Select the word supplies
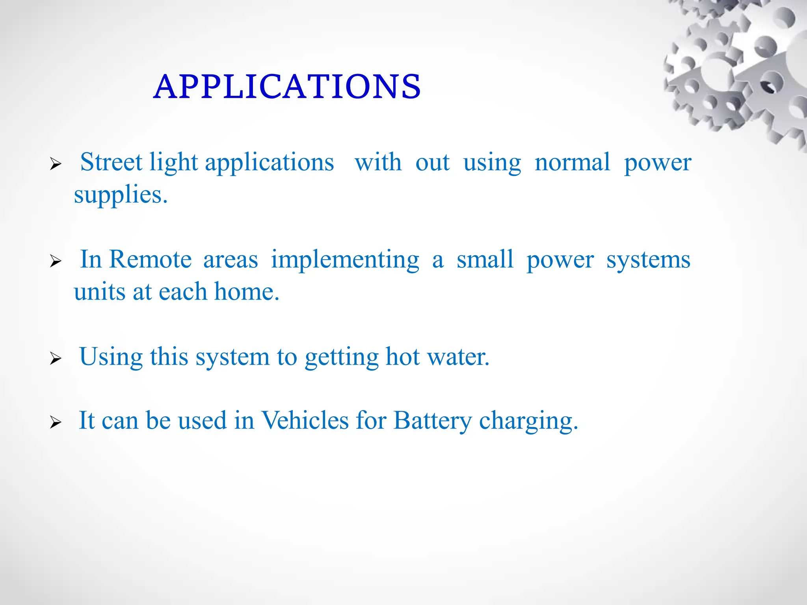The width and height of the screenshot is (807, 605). (121, 195)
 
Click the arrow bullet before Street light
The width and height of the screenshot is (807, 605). (56, 164)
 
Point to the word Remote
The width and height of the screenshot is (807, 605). (150, 260)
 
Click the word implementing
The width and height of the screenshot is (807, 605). (345, 260)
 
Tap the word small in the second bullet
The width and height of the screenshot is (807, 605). (485, 260)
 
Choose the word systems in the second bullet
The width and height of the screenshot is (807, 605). (648, 260)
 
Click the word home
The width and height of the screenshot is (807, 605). (246, 292)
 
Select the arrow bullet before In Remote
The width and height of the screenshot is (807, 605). (56, 261)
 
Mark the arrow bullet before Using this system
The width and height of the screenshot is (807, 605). (56, 359)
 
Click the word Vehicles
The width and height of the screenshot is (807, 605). (305, 420)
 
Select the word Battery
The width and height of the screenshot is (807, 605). (432, 420)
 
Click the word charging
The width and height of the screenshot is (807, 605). (528, 421)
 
